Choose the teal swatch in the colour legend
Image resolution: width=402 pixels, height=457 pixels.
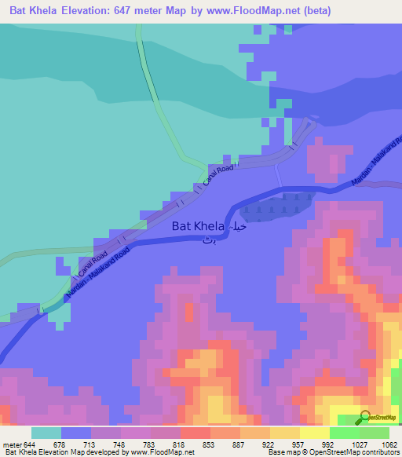coord(46,433)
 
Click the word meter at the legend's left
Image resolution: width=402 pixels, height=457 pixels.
coord(12,444)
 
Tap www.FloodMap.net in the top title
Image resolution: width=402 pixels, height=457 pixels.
coord(250,11)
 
